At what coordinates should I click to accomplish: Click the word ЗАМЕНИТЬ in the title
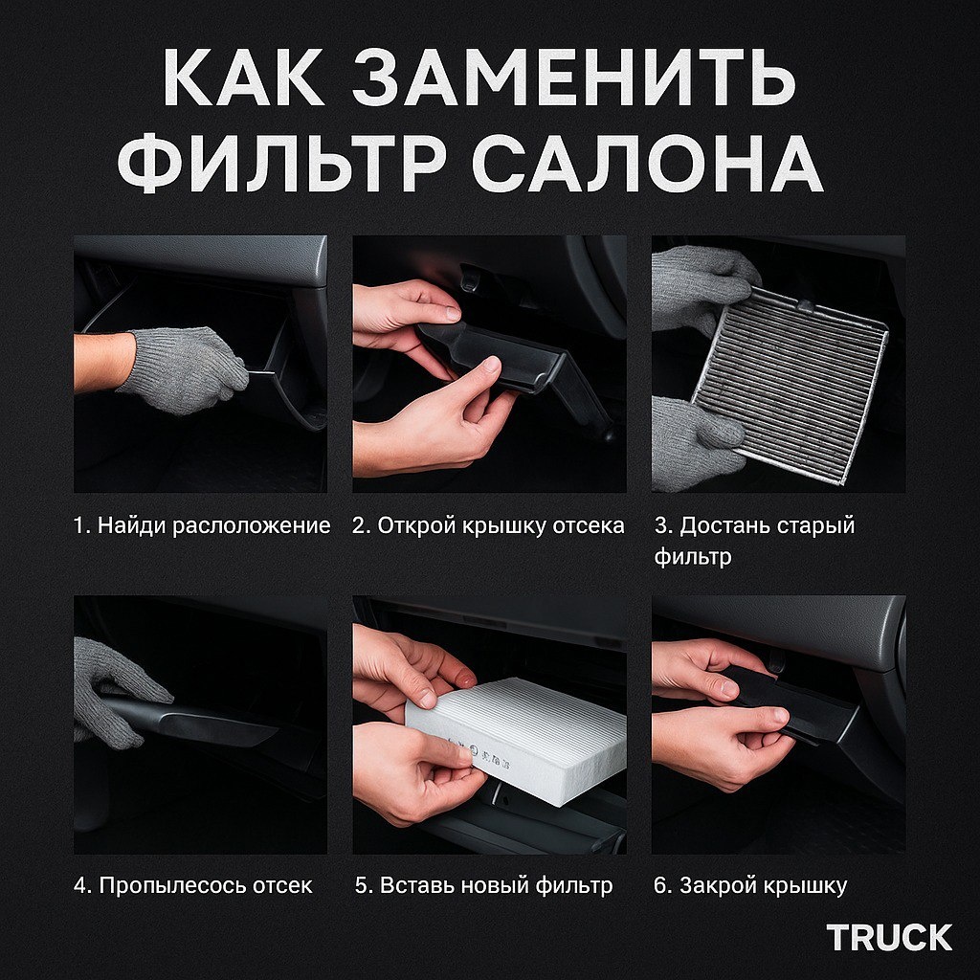(x=574, y=77)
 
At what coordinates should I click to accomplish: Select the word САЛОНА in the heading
(x=648, y=161)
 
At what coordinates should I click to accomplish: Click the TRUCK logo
(x=889, y=938)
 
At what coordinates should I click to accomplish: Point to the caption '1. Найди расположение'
(x=201, y=525)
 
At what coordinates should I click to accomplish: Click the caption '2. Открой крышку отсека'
(x=488, y=525)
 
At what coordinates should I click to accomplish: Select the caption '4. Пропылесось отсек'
(x=193, y=885)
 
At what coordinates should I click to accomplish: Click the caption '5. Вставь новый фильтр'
(x=483, y=885)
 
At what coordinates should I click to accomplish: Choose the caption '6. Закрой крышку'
(x=750, y=885)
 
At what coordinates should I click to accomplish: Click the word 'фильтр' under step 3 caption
(x=693, y=556)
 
